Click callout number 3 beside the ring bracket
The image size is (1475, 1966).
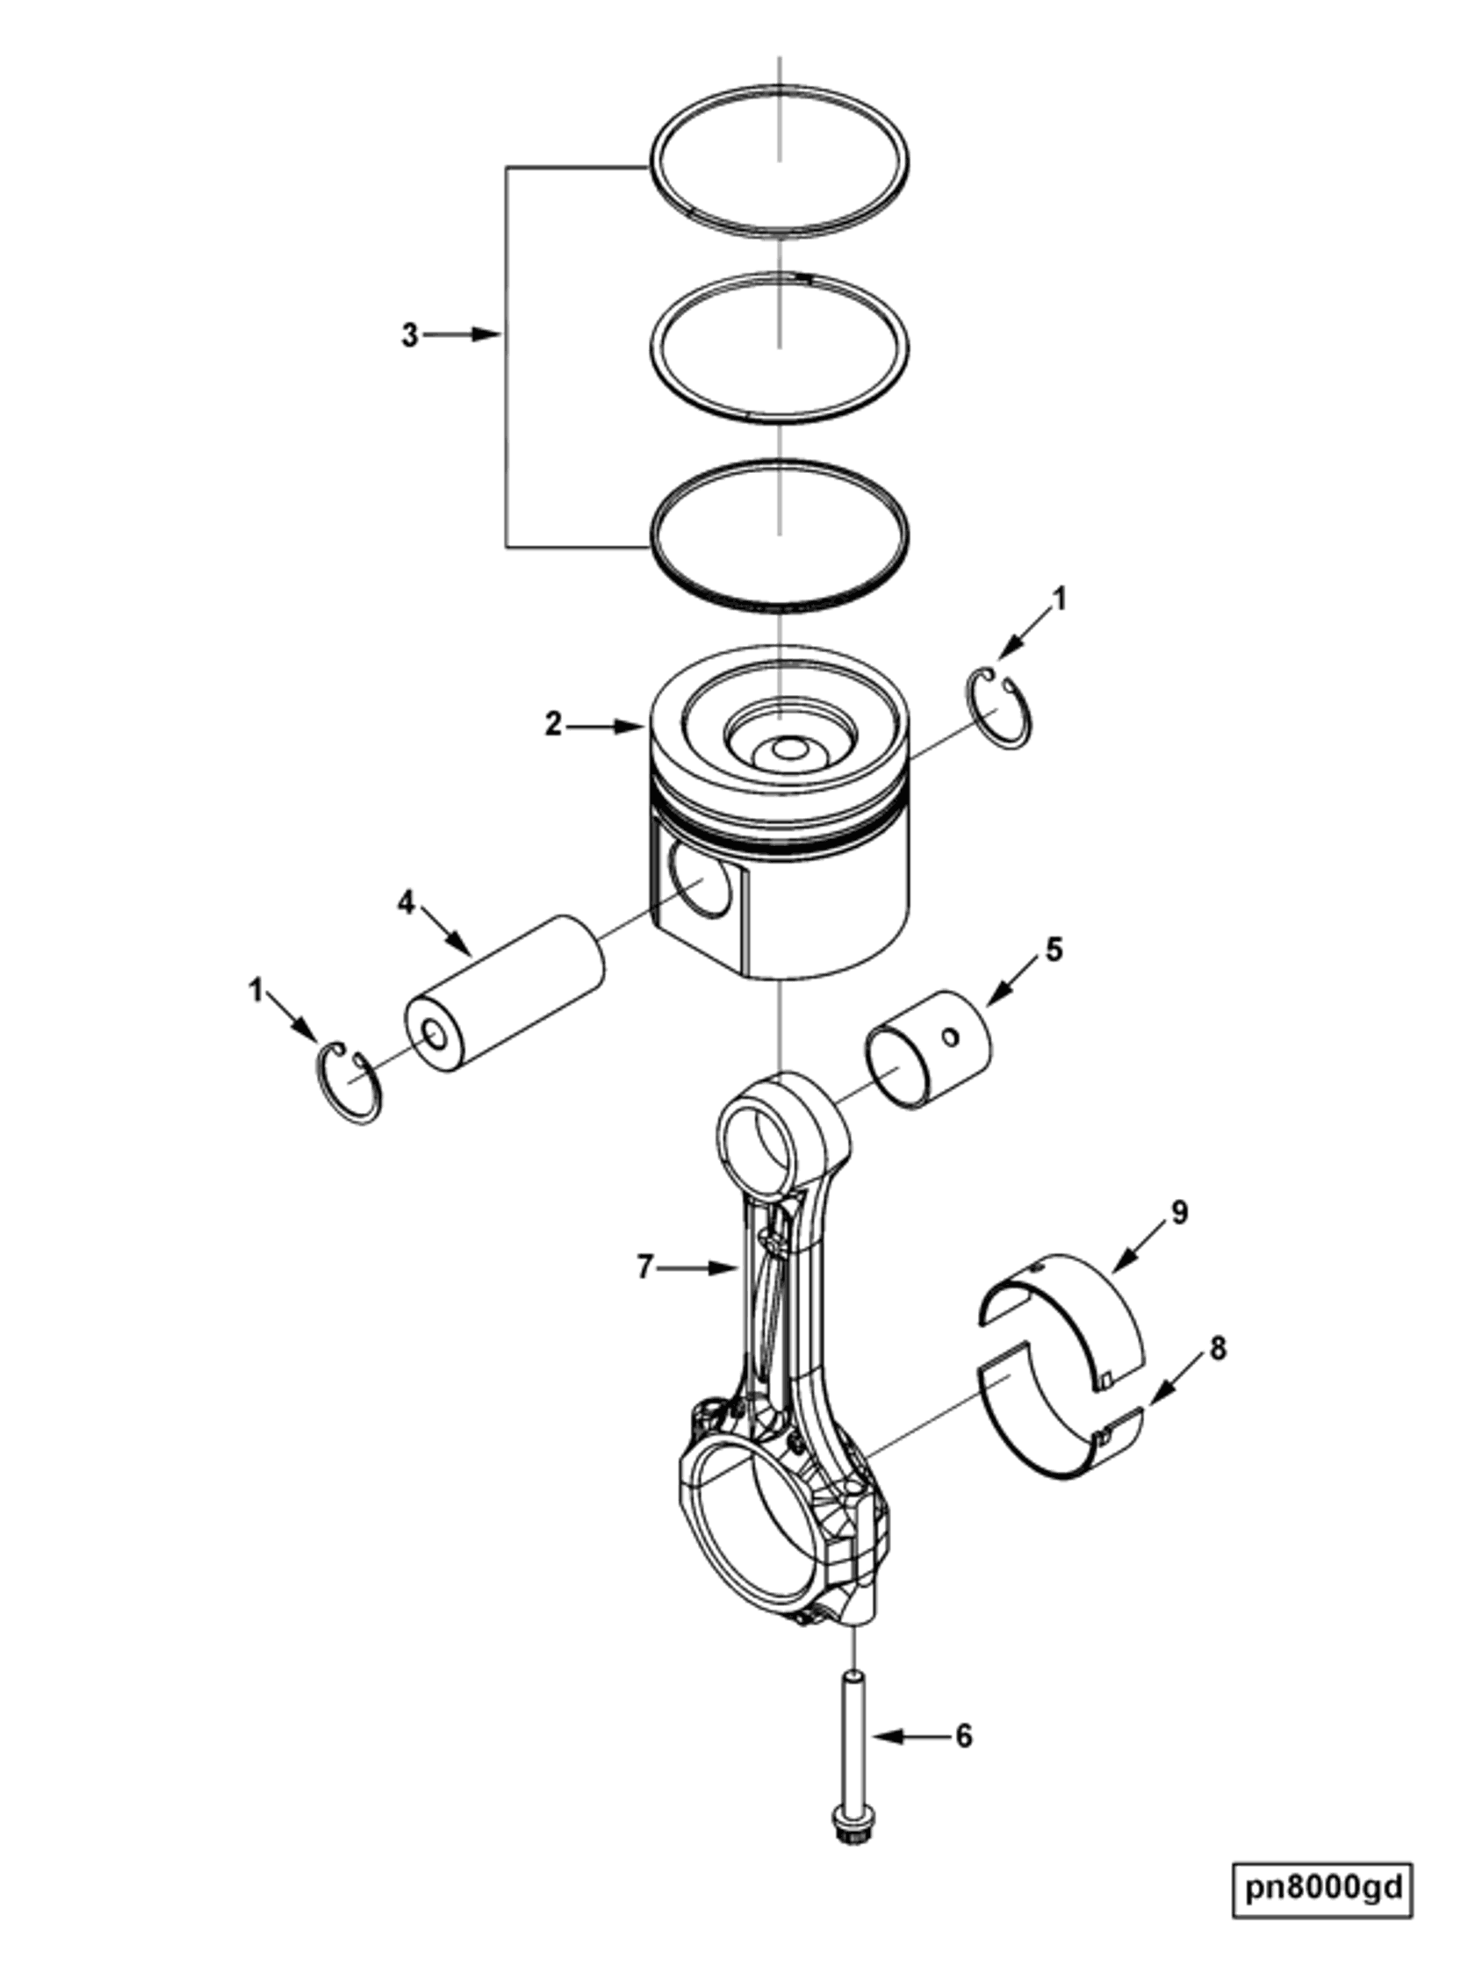[x=408, y=336]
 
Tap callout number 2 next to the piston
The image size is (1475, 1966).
[x=553, y=725]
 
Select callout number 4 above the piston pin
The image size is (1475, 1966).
[x=406, y=903]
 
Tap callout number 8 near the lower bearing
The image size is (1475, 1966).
[x=1217, y=1348]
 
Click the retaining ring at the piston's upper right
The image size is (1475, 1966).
[x=998, y=712]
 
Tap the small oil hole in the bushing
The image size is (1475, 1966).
[x=952, y=1037]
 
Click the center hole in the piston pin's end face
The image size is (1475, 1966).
[x=435, y=1035]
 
